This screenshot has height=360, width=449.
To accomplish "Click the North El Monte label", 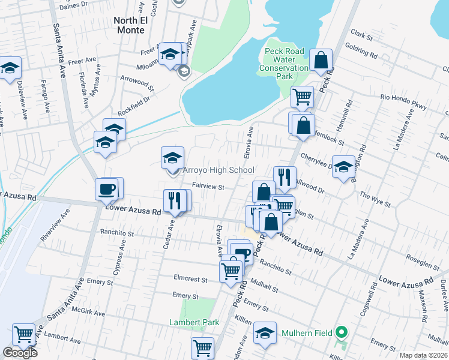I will click(x=129, y=25).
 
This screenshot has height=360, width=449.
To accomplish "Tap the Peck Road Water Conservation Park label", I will click(x=284, y=64).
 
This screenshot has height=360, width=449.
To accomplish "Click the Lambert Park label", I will click(x=193, y=322).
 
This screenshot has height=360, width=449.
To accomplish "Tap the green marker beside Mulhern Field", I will click(x=342, y=331).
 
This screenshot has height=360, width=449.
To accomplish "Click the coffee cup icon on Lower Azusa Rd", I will click(x=107, y=189).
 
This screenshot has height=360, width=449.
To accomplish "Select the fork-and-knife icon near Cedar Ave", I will click(x=174, y=201).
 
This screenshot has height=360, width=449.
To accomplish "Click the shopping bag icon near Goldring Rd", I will click(x=321, y=60).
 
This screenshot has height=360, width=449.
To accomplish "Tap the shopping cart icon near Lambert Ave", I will click(x=24, y=335).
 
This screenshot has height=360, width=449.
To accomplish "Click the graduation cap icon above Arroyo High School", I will click(x=172, y=158).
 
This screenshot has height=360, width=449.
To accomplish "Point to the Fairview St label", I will click(x=208, y=187).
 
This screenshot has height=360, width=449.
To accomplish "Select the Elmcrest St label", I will click(x=190, y=280).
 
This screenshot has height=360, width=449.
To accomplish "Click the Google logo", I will click(x=20, y=353).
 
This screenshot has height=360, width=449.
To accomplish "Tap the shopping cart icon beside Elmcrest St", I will click(x=231, y=271).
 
